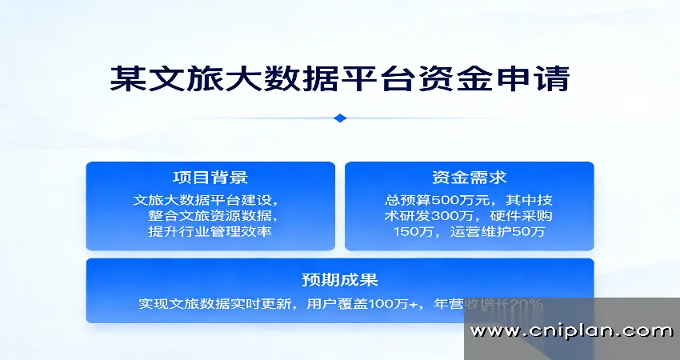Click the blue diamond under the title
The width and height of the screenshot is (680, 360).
tap(340, 118)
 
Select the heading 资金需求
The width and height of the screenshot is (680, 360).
tap(469, 178)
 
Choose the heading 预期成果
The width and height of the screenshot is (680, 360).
tap(340, 280)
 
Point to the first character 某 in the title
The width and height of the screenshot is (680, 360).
tap(126, 80)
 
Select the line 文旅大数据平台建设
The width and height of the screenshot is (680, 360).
tap(206, 200)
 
